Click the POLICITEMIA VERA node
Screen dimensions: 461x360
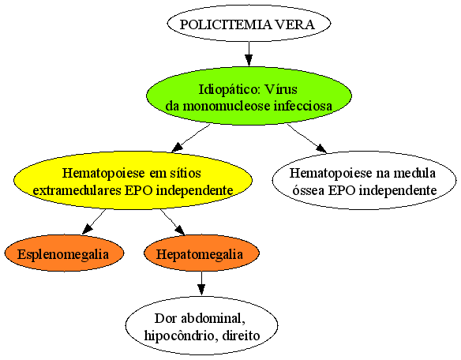click(249, 23)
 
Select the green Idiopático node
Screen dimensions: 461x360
click(249, 96)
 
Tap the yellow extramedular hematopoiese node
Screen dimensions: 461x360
click(133, 180)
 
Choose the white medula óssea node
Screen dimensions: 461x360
click(364, 180)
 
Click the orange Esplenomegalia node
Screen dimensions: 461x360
click(64, 253)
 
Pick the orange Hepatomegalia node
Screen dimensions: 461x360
click(202, 253)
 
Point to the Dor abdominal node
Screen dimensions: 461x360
click(202, 326)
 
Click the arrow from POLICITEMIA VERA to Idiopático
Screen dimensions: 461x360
click(249, 54)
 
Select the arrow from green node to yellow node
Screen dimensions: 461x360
click(191, 138)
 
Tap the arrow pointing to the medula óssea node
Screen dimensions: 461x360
click(307, 138)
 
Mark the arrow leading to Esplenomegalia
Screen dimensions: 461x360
click(94, 222)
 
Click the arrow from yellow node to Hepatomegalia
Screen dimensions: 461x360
click(173, 222)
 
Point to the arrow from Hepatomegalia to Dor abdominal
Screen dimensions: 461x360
click(201, 283)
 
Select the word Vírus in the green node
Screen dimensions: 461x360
click(281, 89)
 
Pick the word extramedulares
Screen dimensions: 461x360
click(77, 190)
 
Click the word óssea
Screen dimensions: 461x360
click(308, 190)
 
